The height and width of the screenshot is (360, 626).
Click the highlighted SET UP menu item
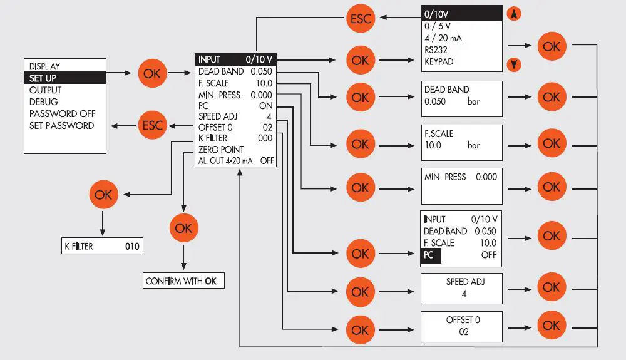pos(65,78)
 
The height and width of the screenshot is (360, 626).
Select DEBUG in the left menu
pos(44,102)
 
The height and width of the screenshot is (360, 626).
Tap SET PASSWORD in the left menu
pos(61,126)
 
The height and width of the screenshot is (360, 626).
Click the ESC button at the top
pos(360,19)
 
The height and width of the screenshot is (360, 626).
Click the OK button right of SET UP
pos(152,74)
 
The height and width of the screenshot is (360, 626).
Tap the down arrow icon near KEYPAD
pos(513,64)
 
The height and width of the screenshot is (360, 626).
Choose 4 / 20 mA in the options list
pos(443,38)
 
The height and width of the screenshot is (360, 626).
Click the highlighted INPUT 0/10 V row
pos(236,59)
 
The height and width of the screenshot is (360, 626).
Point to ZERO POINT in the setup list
pos(221,150)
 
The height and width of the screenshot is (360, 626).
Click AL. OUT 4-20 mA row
pos(236,161)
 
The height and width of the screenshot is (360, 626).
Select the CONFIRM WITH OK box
pos(183,281)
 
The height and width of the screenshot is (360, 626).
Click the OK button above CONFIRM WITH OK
pos(183,229)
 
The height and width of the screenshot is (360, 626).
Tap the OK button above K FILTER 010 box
pos(103,195)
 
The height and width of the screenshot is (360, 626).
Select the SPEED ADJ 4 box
pos(461,287)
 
